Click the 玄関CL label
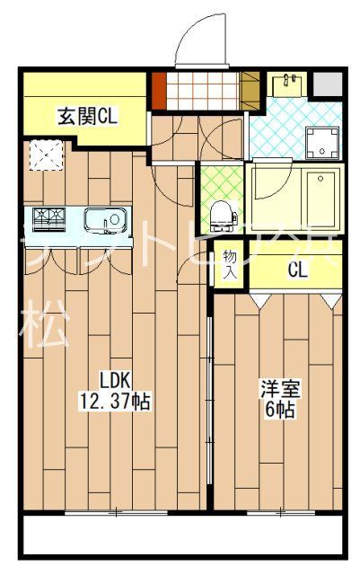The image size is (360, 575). coord(88,115)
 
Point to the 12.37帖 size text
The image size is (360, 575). coord(116,402)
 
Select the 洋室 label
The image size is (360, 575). coord(280,390)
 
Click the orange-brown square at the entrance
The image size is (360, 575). coord(159,90)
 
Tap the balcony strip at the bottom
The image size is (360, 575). coord(180,536)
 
